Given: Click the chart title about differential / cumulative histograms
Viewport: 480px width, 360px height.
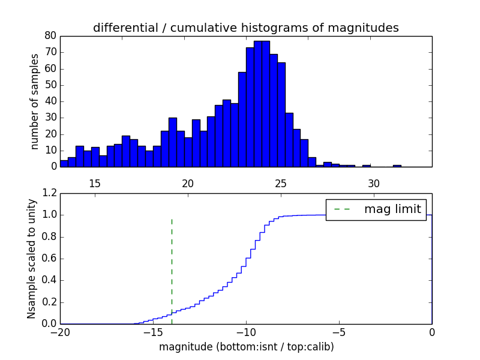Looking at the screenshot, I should point(245,28).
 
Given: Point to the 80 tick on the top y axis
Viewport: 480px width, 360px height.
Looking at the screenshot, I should point(50,36).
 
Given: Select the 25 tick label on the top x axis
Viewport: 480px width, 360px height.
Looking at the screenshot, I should point(281,183).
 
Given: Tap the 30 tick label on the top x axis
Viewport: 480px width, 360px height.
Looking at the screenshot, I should point(374,183).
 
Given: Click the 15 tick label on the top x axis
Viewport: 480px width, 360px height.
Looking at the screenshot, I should point(95,183).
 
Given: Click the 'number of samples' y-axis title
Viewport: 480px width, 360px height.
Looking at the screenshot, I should point(35,101).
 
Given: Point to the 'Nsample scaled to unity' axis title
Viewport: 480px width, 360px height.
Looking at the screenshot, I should point(31,258).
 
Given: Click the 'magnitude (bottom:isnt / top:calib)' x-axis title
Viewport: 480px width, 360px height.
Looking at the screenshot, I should point(246,347).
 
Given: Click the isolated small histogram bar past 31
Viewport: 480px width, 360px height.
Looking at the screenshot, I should point(397,166).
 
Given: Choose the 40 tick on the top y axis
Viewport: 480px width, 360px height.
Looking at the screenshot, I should point(50,101).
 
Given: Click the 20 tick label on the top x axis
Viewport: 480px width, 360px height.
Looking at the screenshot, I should point(188,183).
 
